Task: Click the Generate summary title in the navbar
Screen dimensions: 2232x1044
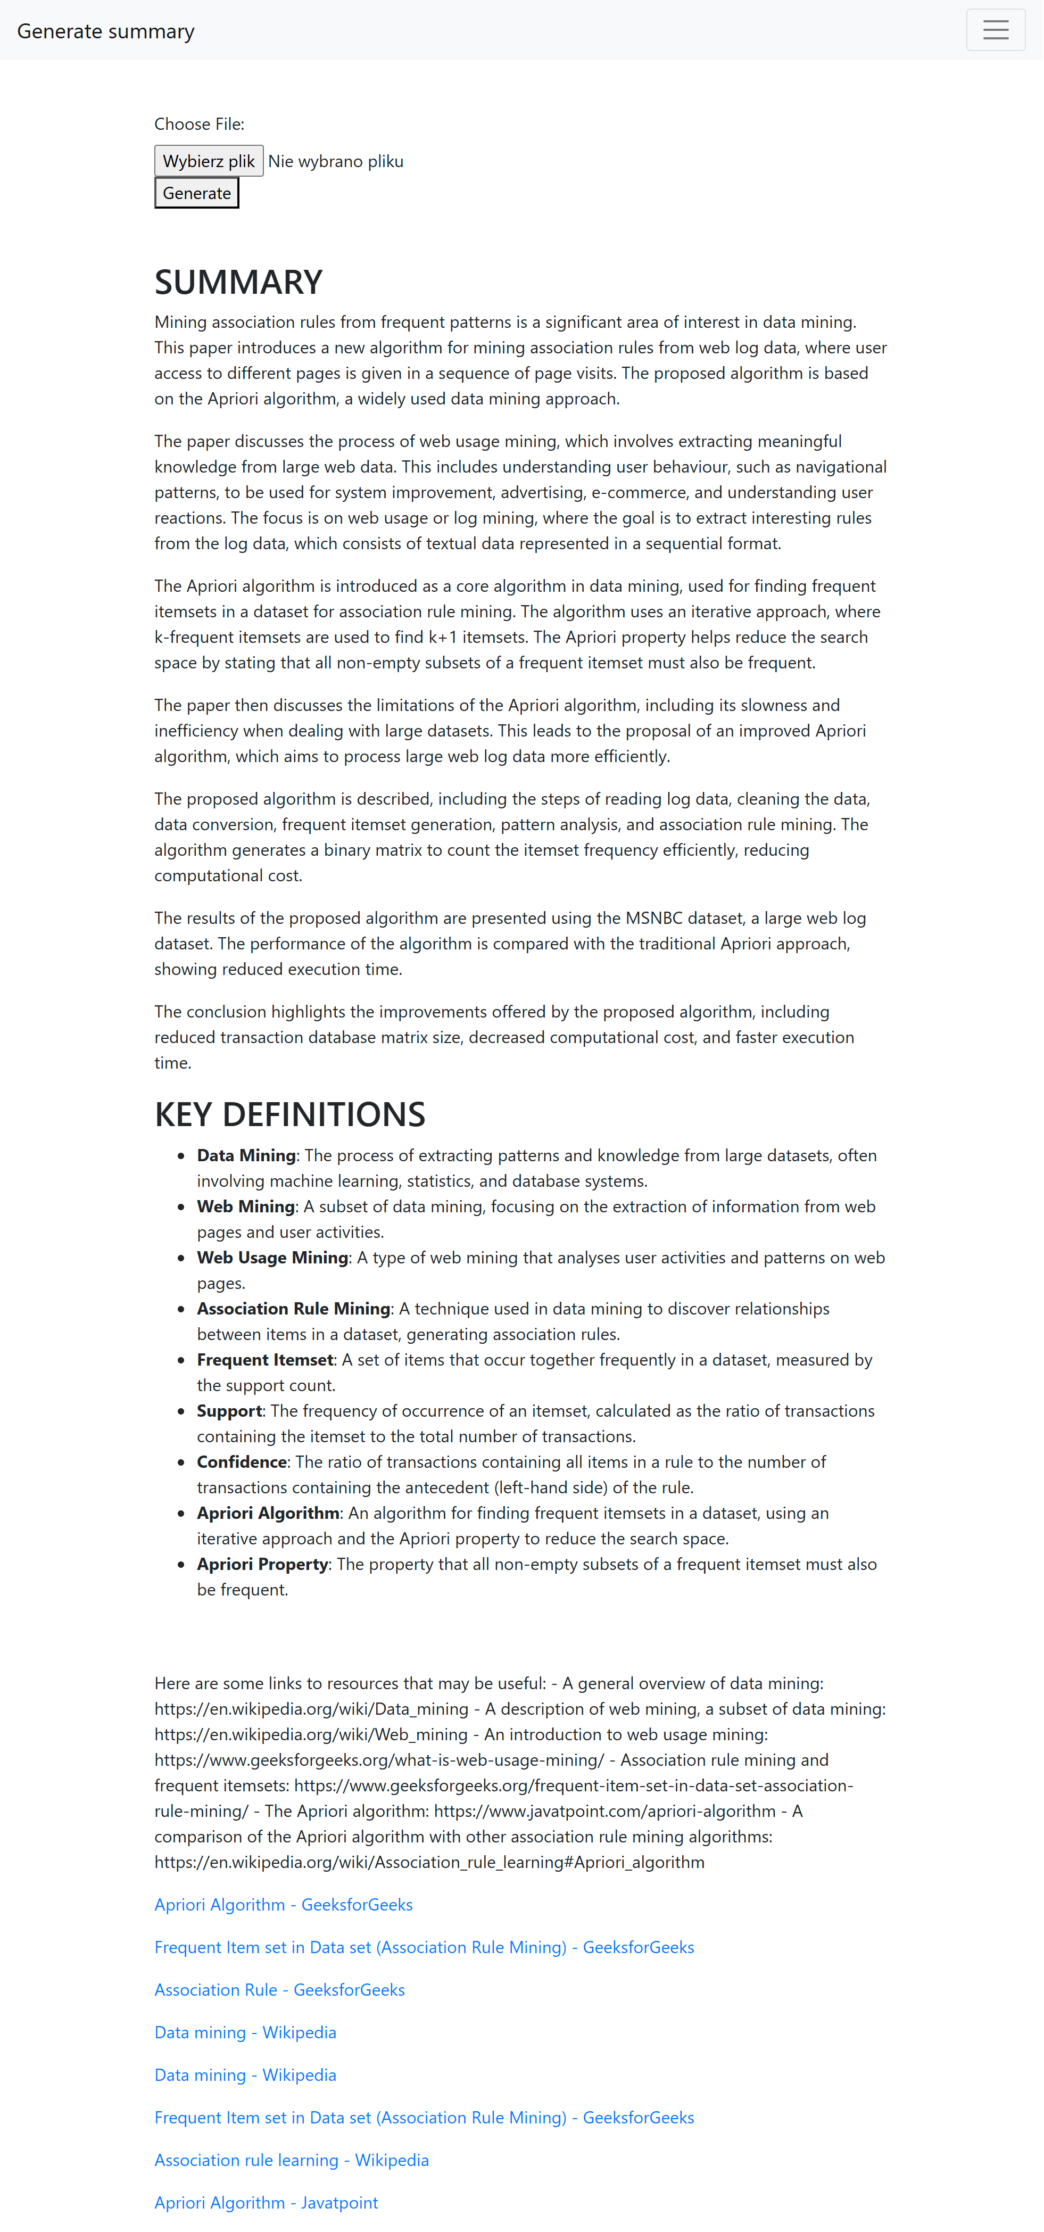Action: click(x=106, y=31)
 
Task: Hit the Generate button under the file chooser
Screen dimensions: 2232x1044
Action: click(x=197, y=193)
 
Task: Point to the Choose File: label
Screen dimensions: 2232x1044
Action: click(x=199, y=124)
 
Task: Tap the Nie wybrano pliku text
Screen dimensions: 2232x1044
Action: click(x=335, y=161)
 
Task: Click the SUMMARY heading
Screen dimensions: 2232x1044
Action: click(x=238, y=282)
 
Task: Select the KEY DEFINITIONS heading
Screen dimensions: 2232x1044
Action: click(x=289, y=1114)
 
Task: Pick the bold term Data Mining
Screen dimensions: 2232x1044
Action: click(x=246, y=1155)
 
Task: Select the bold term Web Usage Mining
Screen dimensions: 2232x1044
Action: click(x=272, y=1257)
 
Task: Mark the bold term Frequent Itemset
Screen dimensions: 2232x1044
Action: click(x=265, y=1359)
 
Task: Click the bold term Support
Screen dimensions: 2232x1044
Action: click(x=229, y=1411)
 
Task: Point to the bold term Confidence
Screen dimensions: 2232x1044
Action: click(x=242, y=1462)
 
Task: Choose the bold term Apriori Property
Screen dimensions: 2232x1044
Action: click(x=262, y=1564)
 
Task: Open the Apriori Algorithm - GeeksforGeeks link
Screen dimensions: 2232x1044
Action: click(x=283, y=1905)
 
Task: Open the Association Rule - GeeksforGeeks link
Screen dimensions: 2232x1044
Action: click(x=279, y=1989)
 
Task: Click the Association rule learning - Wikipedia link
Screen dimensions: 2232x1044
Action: click(x=291, y=2160)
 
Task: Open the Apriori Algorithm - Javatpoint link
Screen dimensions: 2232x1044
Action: click(x=266, y=2203)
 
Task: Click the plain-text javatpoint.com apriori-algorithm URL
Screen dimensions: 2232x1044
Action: click(x=604, y=1811)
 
